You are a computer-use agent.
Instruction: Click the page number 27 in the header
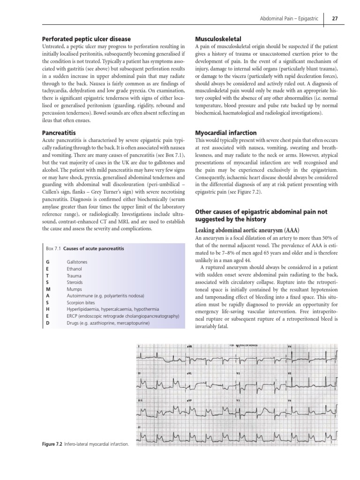tap(336, 19)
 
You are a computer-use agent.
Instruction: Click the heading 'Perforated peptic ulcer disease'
tap(86, 39)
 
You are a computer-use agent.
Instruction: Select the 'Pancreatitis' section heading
tap(59, 133)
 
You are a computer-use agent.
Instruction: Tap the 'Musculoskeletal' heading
tap(218, 39)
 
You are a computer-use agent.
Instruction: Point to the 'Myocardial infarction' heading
tap(225, 133)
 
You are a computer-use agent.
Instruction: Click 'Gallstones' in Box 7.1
tap(77, 262)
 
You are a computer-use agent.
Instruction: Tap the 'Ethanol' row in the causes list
tap(74, 269)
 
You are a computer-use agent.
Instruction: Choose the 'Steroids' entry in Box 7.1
tap(75, 283)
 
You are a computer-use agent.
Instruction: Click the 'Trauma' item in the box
tap(74, 276)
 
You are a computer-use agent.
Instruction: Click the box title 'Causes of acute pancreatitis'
tap(94, 248)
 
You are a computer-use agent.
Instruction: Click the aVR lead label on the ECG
tap(190, 347)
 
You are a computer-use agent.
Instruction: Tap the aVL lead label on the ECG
tap(190, 374)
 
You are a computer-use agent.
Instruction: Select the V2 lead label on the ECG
tap(239, 374)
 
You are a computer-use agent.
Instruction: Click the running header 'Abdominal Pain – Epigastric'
tap(289, 19)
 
